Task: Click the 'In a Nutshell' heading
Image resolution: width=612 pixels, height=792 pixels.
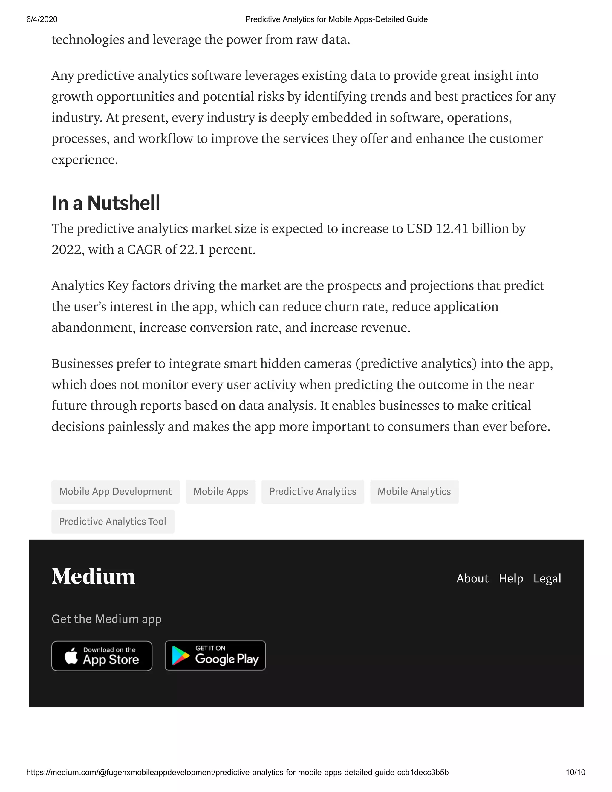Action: [x=106, y=203]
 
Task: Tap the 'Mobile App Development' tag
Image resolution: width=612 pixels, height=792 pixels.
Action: [x=115, y=491]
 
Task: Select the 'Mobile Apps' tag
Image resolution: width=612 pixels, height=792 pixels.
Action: [x=221, y=491]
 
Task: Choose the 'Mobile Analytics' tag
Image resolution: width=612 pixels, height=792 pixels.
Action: [x=414, y=491]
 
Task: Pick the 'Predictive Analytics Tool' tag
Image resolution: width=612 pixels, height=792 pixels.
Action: [x=112, y=522]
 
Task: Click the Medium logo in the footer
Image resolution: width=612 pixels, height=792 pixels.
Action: [x=94, y=576]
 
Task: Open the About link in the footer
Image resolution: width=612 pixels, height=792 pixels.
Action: [x=472, y=578]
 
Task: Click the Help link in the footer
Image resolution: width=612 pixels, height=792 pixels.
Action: [x=511, y=578]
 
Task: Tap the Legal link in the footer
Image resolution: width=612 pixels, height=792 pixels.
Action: [x=547, y=578]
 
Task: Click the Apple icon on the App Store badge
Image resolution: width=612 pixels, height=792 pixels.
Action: [x=71, y=656]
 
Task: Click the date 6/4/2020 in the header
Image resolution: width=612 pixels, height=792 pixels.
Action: [x=42, y=19]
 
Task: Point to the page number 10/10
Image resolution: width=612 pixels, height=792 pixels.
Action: [x=575, y=772]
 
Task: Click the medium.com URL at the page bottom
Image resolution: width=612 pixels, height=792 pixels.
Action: [x=238, y=772]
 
